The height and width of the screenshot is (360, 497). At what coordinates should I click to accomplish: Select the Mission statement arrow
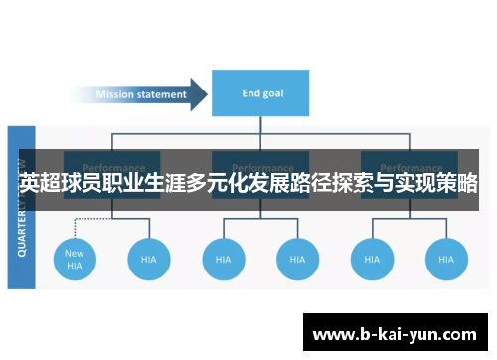click(x=144, y=95)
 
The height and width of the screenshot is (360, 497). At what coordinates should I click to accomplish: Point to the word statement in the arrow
click(x=164, y=95)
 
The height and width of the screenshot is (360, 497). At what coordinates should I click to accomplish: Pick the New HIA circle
click(x=75, y=259)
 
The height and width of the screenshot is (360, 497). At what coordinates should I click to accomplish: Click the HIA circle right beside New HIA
click(x=149, y=259)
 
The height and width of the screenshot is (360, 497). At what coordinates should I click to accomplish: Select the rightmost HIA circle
click(x=445, y=259)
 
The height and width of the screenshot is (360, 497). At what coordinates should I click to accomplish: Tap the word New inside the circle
click(x=75, y=253)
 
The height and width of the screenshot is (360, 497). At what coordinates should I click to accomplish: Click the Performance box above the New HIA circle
click(x=113, y=164)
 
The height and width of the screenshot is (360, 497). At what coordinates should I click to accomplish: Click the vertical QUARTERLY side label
click(x=22, y=209)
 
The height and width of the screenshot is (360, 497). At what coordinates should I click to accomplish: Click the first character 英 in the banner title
click(x=30, y=183)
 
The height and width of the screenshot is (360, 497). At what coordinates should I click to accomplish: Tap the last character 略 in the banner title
click(x=467, y=183)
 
